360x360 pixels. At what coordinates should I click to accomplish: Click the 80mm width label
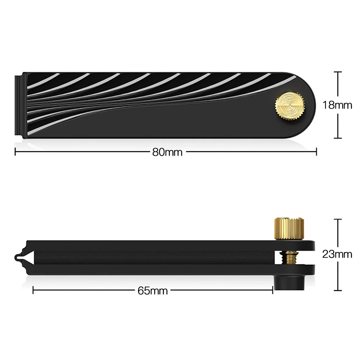(x=167, y=152)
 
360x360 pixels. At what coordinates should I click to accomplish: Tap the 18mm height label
(x=337, y=105)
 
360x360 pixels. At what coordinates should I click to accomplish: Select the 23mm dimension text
(x=337, y=254)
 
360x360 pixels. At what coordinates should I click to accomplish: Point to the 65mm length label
(x=153, y=290)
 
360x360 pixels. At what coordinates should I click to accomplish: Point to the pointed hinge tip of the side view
(x=18, y=257)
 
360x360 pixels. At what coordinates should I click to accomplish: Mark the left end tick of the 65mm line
(x=33, y=290)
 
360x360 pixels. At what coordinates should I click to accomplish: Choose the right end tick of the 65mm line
(x=273, y=290)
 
